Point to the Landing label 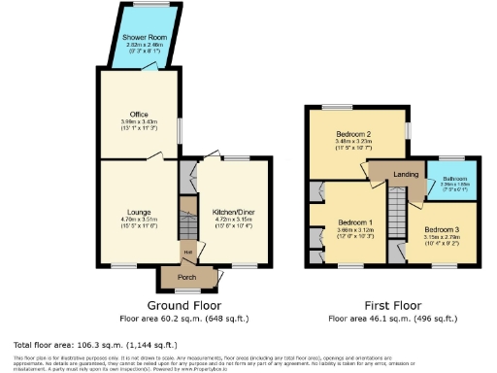(x=404, y=174)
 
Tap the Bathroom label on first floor (x=455, y=179)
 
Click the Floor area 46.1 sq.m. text (x=391, y=319)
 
